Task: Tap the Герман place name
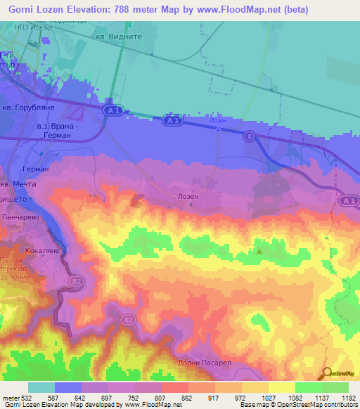coord(35,169)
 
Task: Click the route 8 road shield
coord(249,138)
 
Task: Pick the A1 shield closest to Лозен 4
coord(173,121)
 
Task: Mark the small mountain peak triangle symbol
coord(259,250)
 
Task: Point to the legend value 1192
coord(348,398)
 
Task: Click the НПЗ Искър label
coord(37,27)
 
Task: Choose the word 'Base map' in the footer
coord(253,405)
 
